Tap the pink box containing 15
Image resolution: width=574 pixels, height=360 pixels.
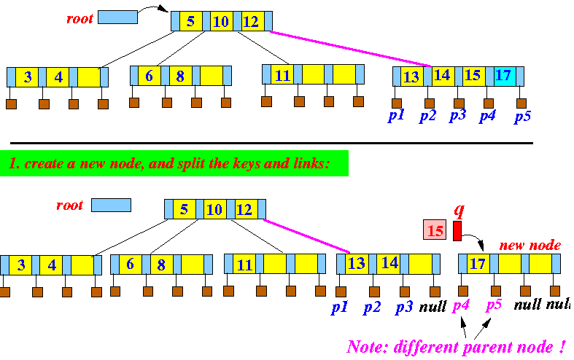pyautogui.click(x=435, y=231)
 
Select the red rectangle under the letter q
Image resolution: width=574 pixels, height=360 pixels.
pyautogui.click(x=457, y=231)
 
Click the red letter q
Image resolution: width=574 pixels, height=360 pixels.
pyautogui.click(x=459, y=210)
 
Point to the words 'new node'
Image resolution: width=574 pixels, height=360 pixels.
pyautogui.click(x=530, y=246)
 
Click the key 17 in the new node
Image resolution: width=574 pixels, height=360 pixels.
pyautogui.click(x=478, y=263)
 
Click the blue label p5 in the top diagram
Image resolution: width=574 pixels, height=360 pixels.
pyautogui.click(x=521, y=117)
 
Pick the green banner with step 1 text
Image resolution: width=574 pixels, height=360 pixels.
pyautogui.click(x=174, y=163)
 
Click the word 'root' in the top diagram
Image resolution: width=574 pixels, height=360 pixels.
pyautogui.click(x=79, y=19)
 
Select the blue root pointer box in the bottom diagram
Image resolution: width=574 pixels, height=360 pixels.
pyautogui.click(x=111, y=205)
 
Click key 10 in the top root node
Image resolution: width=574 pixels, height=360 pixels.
pyautogui.click(x=220, y=21)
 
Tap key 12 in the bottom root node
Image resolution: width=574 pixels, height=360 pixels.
pyautogui.click(x=244, y=211)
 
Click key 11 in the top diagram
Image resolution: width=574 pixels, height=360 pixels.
pyautogui.click(x=283, y=75)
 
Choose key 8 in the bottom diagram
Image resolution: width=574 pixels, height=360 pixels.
pyautogui.click(x=161, y=264)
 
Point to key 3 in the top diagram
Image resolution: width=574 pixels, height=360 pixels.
pyautogui.click(x=27, y=77)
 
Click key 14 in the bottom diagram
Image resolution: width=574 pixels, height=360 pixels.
pyautogui.click(x=389, y=263)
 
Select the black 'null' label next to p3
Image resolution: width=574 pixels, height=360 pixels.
pyautogui.click(x=433, y=307)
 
